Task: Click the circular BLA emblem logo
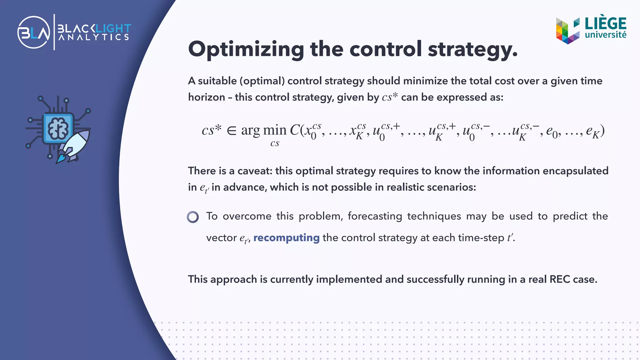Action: (x=34, y=32)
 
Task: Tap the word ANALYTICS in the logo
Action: (x=94, y=37)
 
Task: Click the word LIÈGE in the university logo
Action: (x=605, y=23)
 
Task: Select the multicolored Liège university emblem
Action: (x=567, y=31)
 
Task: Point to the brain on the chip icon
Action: (x=58, y=128)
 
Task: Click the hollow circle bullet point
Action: (x=193, y=217)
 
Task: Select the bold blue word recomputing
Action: (x=286, y=238)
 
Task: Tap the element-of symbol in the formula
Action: (x=232, y=130)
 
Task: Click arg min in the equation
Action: (x=263, y=130)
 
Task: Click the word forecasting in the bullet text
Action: (x=375, y=216)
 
